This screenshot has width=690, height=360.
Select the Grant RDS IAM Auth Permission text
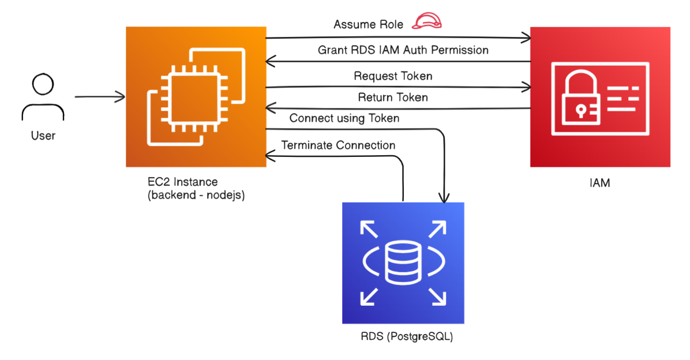coord(403,50)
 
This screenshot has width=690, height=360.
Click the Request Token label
coord(393,76)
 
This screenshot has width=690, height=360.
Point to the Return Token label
coord(393,97)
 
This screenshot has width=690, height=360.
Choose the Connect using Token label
coord(344,118)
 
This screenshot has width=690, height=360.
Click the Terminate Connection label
coord(338,145)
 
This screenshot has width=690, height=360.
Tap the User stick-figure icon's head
coord(43,85)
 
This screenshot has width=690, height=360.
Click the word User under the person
coord(43,136)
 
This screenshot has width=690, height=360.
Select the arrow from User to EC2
coord(99,97)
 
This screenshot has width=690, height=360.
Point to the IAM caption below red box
coord(600,183)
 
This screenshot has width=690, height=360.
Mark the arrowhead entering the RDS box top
coord(444,198)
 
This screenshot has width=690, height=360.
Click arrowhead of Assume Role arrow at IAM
coord(526,39)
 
